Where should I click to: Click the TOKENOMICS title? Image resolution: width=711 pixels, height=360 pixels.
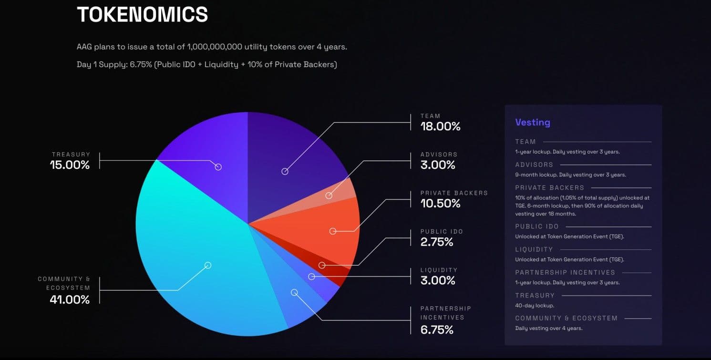pos(142,14)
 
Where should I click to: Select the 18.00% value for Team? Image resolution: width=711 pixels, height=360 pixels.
pos(440,126)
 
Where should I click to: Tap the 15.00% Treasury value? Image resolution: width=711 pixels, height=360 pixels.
pos(70,165)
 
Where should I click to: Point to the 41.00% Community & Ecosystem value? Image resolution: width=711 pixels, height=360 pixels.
pos(70,299)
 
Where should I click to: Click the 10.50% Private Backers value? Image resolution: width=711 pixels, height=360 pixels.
pos(440,204)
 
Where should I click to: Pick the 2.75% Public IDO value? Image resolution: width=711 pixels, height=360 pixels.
pos(436,242)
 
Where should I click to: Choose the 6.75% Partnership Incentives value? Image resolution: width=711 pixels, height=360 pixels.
pos(436,329)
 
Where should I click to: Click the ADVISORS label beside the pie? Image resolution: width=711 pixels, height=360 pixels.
pos(438,154)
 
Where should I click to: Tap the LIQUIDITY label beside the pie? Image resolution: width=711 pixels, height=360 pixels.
pos(438,270)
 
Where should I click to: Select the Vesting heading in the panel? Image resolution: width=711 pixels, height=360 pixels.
pos(532,123)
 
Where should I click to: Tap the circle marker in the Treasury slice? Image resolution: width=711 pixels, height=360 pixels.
pos(218,167)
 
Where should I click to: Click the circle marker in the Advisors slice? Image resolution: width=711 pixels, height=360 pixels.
pos(329,195)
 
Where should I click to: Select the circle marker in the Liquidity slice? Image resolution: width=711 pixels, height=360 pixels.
pos(311,277)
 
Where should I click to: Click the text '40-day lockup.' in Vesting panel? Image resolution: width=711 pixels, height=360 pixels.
pos(534,306)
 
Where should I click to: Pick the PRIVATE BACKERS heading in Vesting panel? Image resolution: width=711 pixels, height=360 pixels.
pos(549,188)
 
